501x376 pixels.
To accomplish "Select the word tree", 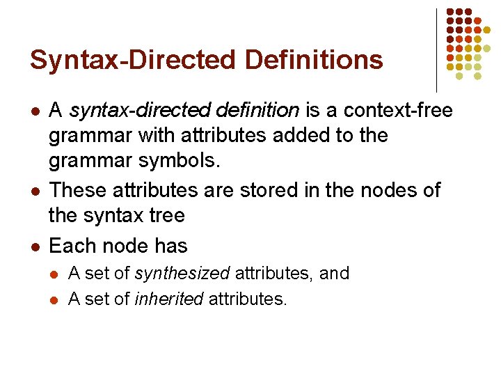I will pyautogui.click(x=165, y=215).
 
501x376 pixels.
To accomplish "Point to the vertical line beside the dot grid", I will pyautogui.click(x=436, y=49).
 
